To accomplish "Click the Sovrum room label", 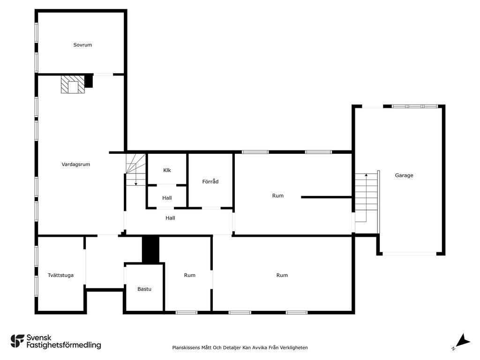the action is pyautogui.click(x=82, y=45).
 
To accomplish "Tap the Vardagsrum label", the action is pyautogui.click(x=76, y=165).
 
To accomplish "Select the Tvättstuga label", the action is pyautogui.click(x=60, y=275).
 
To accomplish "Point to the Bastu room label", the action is pyautogui.click(x=144, y=289).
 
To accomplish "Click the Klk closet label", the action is pyautogui.click(x=167, y=170).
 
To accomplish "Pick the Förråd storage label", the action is pyautogui.click(x=210, y=181).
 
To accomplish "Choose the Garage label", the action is pyautogui.click(x=404, y=175).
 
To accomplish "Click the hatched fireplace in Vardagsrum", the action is pyautogui.click(x=73, y=84).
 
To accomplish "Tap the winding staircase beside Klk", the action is pyautogui.click(x=135, y=170).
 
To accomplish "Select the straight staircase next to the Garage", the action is pyautogui.click(x=366, y=197).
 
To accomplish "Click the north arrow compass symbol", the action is pyautogui.click(x=462, y=341).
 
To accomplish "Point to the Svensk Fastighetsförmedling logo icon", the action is pyautogui.click(x=17, y=341).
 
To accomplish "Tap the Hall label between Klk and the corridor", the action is pyautogui.click(x=167, y=198).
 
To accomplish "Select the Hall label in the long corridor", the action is pyautogui.click(x=170, y=218).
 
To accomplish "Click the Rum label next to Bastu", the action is pyautogui.click(x=190, y=275).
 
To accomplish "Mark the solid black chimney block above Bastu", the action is pyautogui.click(x=150, y=249).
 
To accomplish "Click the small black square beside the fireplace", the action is pyautogui.click(x=89, y=81).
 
